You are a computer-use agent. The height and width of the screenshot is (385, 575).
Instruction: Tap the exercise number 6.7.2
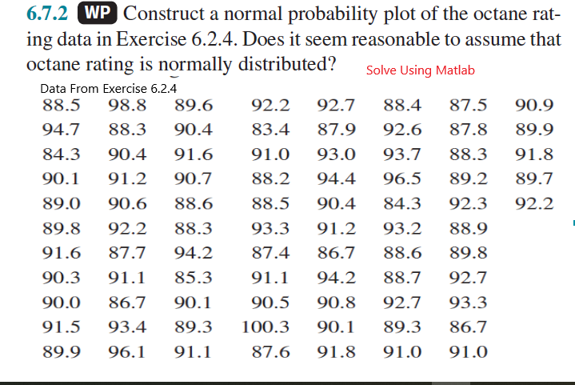click(50, 14)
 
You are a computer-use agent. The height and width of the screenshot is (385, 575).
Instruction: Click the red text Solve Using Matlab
click(420, 70)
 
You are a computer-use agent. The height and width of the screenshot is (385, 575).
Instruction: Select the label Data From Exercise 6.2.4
click(107, 89)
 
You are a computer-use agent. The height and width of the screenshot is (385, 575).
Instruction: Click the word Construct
click(171, 14)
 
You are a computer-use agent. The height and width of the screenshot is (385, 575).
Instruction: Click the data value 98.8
click(127, 104)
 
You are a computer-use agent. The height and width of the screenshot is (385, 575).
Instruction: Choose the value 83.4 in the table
click(270, 129)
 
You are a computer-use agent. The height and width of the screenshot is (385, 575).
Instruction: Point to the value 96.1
click(127, 352)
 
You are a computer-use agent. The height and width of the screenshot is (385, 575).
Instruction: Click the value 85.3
click(194, 278)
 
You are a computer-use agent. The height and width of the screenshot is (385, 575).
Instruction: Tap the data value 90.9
click(533, 104)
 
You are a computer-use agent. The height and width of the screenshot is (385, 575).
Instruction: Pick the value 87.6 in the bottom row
click(270, 352)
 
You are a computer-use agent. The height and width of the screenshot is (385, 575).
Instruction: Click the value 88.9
click(469, 228)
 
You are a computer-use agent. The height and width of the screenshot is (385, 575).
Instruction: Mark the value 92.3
click(469, 203)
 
